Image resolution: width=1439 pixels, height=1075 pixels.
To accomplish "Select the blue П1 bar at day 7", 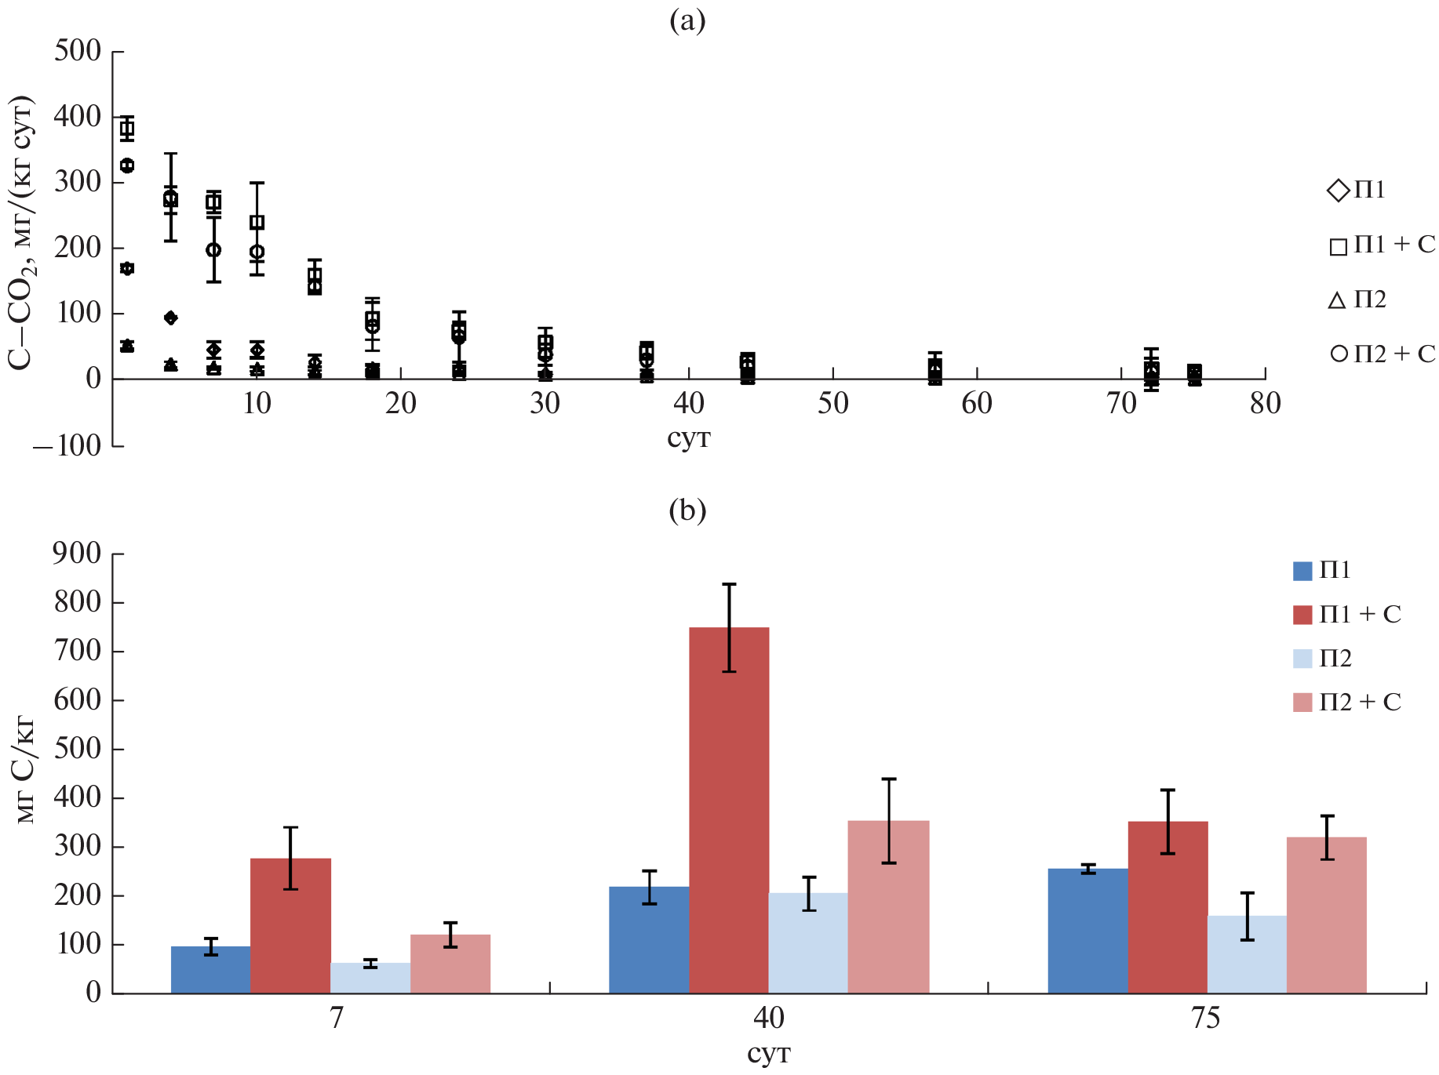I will (210, 969).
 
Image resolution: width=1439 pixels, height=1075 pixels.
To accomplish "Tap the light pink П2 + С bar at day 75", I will (1326, 914).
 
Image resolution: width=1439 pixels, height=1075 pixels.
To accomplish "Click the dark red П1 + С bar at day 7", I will (290, 925).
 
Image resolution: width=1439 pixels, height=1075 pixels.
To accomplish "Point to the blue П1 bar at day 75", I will (1087, 930).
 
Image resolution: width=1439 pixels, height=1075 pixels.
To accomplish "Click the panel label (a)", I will (687, 21).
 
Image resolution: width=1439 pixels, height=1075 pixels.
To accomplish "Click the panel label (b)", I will (687, 510).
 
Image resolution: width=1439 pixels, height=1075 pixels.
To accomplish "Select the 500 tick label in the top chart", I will (78, 51).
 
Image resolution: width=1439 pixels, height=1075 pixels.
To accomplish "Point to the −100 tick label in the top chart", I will (67, 445).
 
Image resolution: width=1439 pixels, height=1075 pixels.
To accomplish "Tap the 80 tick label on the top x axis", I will (1265, 404).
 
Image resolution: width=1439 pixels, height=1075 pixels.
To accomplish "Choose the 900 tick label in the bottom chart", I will (78, 554).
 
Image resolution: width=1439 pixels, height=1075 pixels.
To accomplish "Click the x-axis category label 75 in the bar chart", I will (1206, 1019).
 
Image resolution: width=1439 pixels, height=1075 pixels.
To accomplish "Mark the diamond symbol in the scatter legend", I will (1338, 191).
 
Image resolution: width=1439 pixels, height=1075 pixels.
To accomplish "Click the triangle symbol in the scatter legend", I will (1338, 300).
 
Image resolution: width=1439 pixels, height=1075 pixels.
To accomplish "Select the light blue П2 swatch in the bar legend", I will (1302, 659).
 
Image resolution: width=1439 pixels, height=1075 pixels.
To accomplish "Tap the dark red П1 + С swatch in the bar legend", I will (1302, 615).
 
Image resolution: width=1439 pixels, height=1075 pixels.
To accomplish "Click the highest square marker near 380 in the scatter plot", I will (127, 129).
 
